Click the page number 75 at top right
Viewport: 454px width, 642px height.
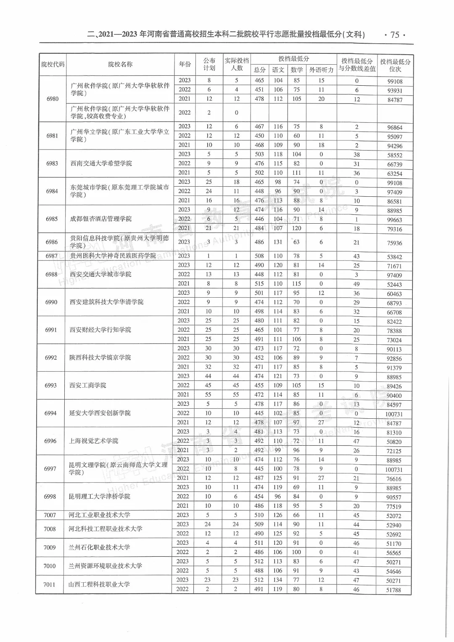(x=395, y=35)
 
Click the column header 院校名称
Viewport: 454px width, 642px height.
(x=120, y=64)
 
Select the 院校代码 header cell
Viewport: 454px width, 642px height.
(x=53, y=64)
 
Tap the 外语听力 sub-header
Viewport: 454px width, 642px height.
(x=321, y=70)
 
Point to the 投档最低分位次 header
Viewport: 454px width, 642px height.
(x=395, y=65)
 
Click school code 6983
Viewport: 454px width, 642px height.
(x=52, y=164)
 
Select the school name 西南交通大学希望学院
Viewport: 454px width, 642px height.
(x=101, y=164)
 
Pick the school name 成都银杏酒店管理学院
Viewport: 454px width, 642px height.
(x=101, y=219)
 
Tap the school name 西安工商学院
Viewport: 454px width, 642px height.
(x=88, y=386)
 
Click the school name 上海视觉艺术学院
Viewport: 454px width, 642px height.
(x=94, y=441)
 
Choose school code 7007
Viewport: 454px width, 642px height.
(x=50, y=515)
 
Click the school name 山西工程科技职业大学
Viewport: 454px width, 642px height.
(x=99, y=584)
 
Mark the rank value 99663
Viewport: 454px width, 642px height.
(x=395, y=220)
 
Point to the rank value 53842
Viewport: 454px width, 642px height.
(x=394, y=257)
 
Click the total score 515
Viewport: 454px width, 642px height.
(x=259, y=284)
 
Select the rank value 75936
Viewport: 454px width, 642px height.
(x=394, y=243)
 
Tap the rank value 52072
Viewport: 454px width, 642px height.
(x=394, y=516)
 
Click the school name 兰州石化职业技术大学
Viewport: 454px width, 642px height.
(x=99, y=547)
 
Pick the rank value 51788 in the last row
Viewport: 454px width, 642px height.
(x=394, y=590)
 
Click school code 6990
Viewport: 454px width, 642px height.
(x=51, y=302)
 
